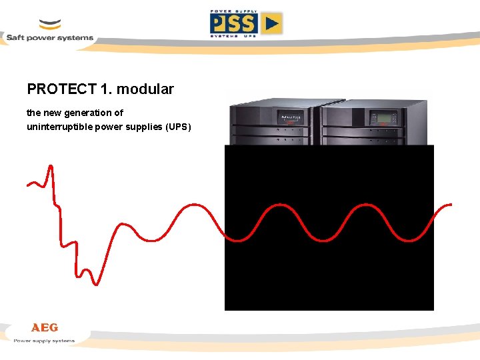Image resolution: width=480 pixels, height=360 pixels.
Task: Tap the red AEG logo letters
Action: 45,327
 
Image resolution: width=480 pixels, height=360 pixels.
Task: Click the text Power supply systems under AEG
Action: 45,341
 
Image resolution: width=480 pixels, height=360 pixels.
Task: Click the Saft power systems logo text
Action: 50,38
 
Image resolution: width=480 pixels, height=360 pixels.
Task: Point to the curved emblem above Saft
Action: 50,25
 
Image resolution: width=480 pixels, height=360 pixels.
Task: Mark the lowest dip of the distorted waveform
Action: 97,283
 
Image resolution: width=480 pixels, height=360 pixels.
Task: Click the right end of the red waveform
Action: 451,205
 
